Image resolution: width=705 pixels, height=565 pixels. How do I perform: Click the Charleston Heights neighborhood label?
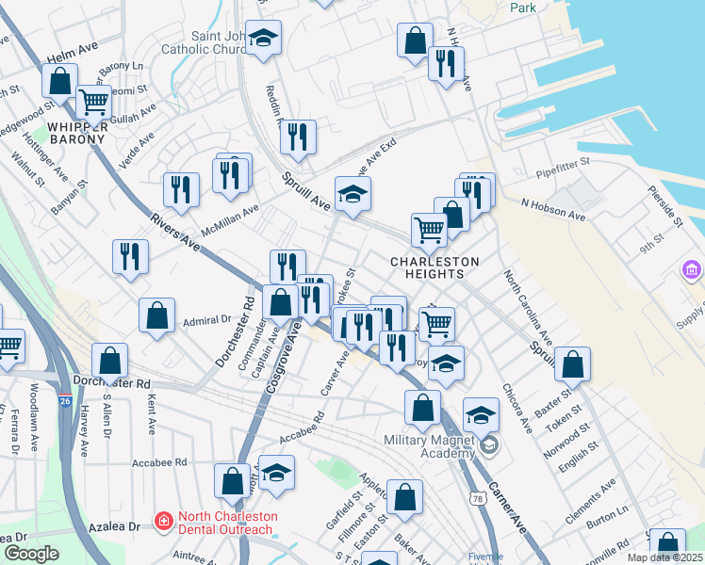point(435,267)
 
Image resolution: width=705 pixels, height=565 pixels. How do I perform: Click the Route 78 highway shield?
point(480,498)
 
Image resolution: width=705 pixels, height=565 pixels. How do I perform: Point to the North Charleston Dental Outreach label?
point(223,523)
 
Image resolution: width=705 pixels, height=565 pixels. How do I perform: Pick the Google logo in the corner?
point(32,554)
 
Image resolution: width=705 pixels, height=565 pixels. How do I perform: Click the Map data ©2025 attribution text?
point(664,557)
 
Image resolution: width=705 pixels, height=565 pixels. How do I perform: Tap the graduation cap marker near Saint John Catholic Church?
point(264,38)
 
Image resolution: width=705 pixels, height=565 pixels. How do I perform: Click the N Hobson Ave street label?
point(553,209)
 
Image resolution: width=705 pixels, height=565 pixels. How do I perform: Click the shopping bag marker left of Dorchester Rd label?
point(110,360)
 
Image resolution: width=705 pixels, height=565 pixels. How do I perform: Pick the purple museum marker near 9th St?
point(693,271)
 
